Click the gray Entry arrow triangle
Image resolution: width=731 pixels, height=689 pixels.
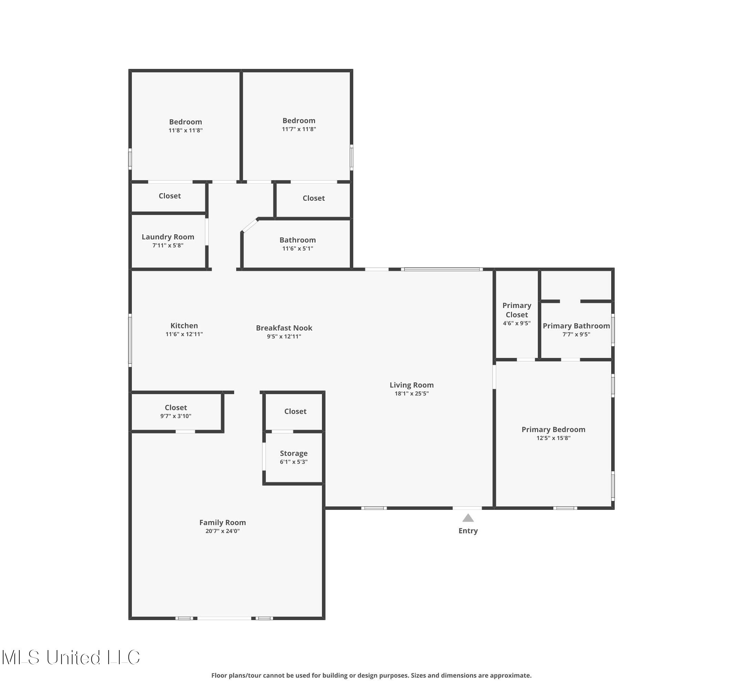click(468, 518)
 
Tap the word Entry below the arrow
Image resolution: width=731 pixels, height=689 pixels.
click(468, 531)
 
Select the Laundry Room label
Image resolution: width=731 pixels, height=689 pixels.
click(168, 237)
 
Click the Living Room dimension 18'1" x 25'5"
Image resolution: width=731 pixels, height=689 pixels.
click(411, 394)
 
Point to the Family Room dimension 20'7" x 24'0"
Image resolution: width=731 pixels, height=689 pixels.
click(222, 531)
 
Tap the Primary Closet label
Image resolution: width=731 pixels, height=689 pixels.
click(516, 310)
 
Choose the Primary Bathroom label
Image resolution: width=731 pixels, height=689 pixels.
click(576, 326)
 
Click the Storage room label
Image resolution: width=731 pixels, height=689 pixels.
click(293, 454)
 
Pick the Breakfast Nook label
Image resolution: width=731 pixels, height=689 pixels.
click(284, 328)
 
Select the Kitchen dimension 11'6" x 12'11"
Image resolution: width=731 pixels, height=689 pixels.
click(184, 335)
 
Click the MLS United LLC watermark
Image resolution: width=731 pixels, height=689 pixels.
click(71, 658)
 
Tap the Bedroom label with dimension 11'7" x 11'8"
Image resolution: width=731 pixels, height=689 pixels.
click(299, 121)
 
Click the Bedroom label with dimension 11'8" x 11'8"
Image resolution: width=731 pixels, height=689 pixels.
click(185, 122)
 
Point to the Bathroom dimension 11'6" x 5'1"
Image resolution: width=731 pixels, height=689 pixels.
click(297, 249)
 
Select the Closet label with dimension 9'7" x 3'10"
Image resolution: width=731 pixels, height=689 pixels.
click(176, 408)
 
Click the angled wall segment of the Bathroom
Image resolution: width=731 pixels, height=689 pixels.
click(250, 226)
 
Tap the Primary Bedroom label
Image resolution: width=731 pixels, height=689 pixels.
click(553, 430)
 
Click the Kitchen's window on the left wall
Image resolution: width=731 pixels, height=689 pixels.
click(130, 340)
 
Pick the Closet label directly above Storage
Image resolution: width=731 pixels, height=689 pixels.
click(295, 412)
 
